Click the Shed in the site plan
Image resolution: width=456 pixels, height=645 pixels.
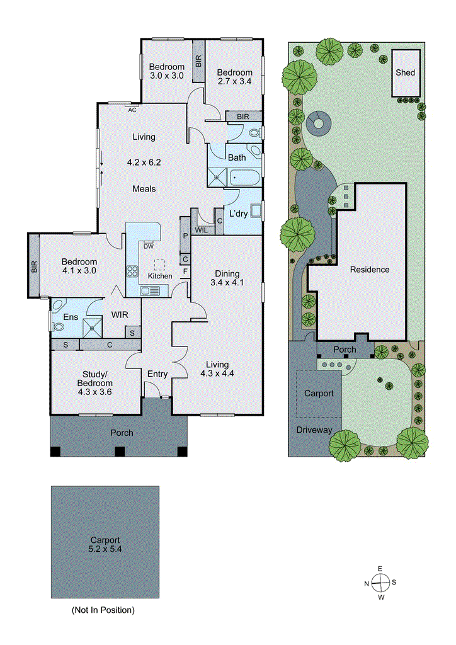click(x=405, y=72)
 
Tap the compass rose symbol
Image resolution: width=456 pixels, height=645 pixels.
click(x=380, y=583)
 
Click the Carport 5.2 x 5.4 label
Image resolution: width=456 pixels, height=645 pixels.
click(x=105, y=544)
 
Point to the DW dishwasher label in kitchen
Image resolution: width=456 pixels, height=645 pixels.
click(x=149, y=246)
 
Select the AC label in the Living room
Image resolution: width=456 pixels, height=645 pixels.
click(x=132, y=110)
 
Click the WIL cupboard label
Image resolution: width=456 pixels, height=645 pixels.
click(x=202, y=231)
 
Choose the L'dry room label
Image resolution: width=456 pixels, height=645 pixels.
click(x=239, y=214)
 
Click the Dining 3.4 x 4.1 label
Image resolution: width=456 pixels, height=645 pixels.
click(x=227, y=278)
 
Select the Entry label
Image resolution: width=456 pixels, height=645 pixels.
click(x=157, y=374)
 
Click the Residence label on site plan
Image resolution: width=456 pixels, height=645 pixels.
click(x=370, y=270)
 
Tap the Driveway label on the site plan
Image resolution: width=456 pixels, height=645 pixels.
click(x=314, y=430)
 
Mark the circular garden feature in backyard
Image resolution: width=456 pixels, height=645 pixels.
click(x=319, y=122)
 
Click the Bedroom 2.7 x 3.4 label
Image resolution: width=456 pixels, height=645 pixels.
click(x=234, y=77)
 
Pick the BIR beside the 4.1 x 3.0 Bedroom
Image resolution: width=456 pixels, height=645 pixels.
click(x=34, y=266)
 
